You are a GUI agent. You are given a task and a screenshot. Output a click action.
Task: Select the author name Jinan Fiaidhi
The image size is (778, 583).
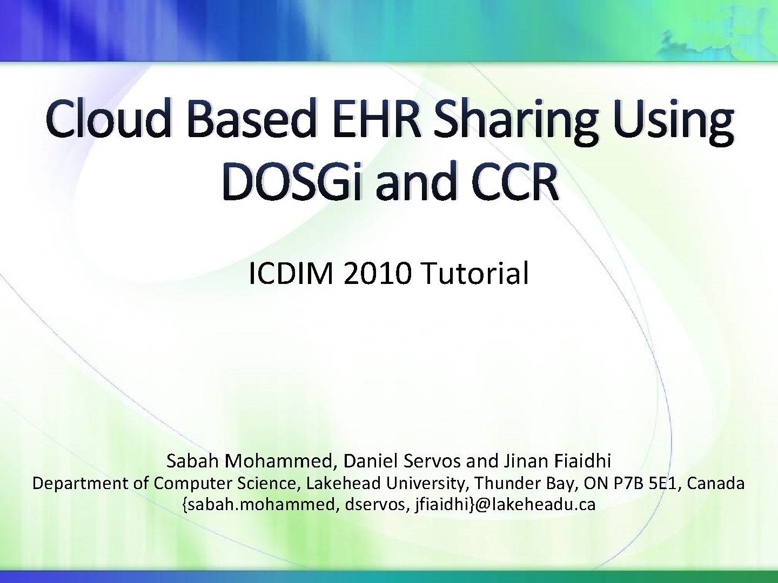(x=557, y=461)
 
